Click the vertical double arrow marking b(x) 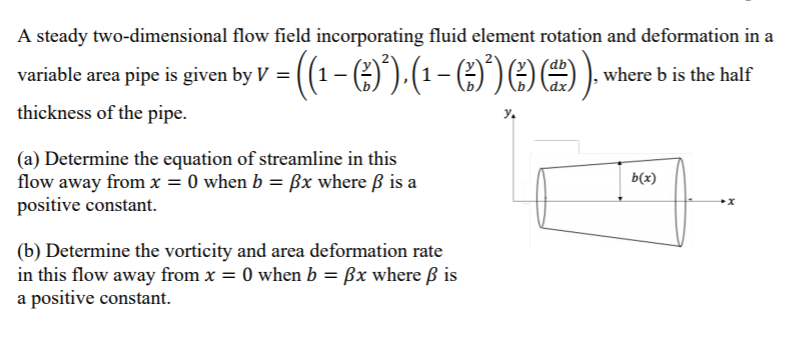[x=621, y=183]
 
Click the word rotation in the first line [x=558, y=37]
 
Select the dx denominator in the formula [x=562, y=88]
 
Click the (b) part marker [x=31, y=251]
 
